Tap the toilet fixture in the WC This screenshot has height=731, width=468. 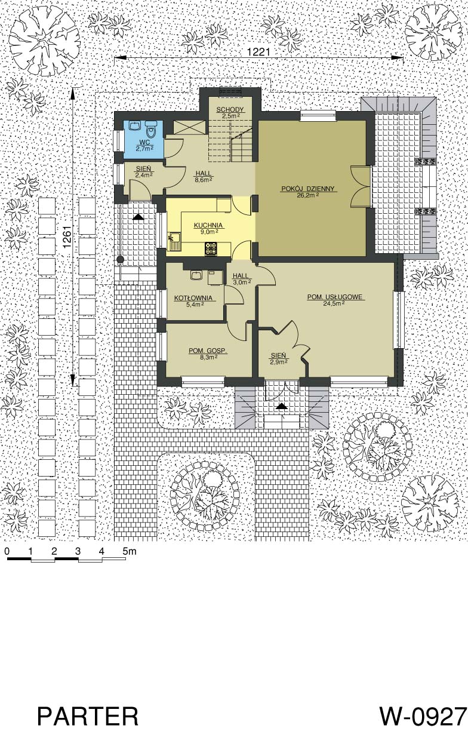[x=150, y=129]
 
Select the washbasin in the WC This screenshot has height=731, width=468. [x=135, y=125]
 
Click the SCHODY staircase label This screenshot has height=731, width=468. [x=230, y=110]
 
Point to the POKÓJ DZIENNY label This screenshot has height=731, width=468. [x=308, y=189]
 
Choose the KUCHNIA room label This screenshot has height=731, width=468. [x=208, y=225]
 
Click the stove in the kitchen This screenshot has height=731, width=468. [x=211, y=248]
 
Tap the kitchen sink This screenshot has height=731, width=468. [x=174, y=241]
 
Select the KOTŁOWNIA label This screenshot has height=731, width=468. [x=193, y=298]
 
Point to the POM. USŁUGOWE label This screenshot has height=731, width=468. [x=335, y=297]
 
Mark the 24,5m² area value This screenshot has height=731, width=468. [x=335, y=303]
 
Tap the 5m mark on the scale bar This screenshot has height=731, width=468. [x=130, y=551]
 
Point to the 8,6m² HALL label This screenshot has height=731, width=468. [x=204, y=179]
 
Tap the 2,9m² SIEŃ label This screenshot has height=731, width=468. [x=278, y=361]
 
